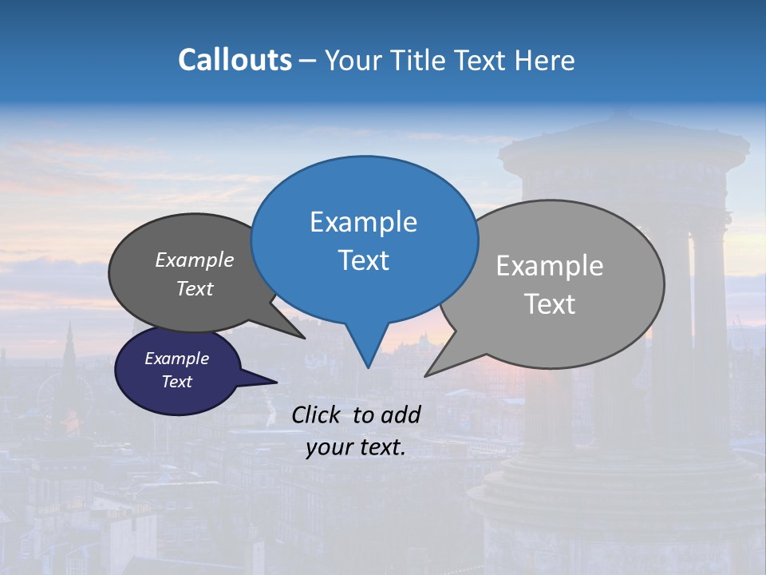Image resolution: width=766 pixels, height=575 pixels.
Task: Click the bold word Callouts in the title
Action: coord(235,60)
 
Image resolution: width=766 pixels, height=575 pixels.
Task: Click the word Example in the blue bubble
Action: coord(363,222)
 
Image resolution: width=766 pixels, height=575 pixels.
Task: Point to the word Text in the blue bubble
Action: coord(363,260)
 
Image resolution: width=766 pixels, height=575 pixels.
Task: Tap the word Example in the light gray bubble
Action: coord(550,265)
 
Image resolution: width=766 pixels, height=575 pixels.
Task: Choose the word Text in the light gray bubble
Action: coord(550,304)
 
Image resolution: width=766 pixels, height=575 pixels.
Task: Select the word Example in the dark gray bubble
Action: coord(195,260)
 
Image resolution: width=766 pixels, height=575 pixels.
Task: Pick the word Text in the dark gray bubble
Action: coord(195,288)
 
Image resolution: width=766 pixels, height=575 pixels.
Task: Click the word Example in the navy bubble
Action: coord(176,359)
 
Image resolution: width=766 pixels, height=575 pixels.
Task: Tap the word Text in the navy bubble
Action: coord(176,382)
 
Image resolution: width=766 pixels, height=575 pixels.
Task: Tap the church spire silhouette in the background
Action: coord(69,351)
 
